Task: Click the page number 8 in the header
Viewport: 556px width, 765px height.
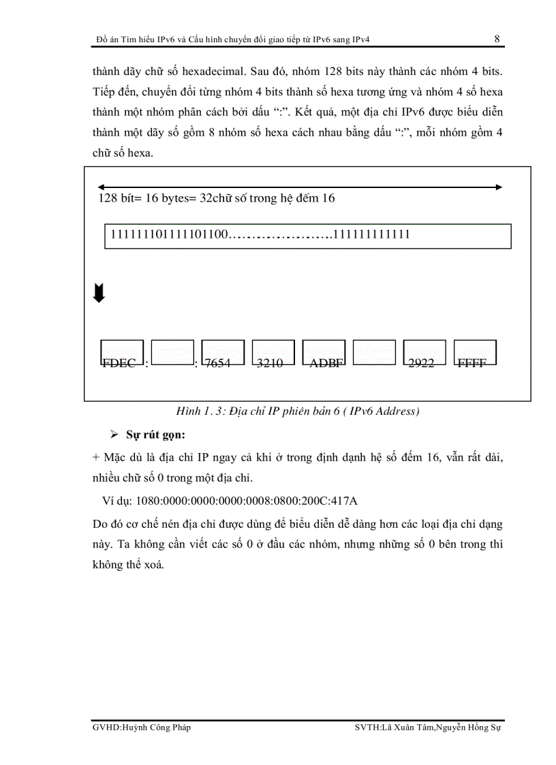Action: click(497, 39)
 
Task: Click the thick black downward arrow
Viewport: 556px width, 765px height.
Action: click(99, 294)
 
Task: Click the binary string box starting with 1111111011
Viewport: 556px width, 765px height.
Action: click(307, 235)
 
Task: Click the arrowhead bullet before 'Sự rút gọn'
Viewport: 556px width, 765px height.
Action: click(114, 435)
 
